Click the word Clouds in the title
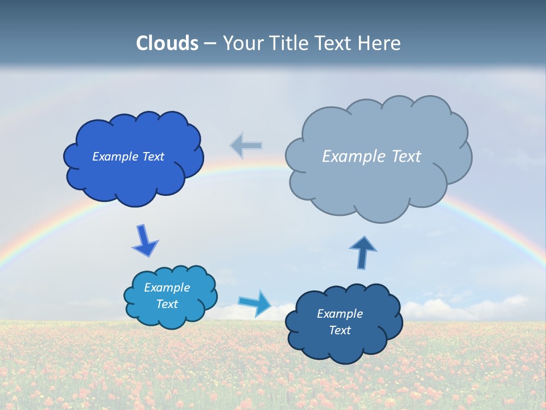pos(167,43)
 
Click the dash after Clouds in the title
pos(210,44)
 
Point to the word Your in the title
pos(241,43)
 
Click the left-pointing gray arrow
pos(246,146)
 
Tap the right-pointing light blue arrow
pos(255,302)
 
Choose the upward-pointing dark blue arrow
pos(363,252)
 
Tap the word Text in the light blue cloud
pos(167,304)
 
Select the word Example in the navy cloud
pos(340,314)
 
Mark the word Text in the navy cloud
pos(340,330)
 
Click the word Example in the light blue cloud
pos(167,288)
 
